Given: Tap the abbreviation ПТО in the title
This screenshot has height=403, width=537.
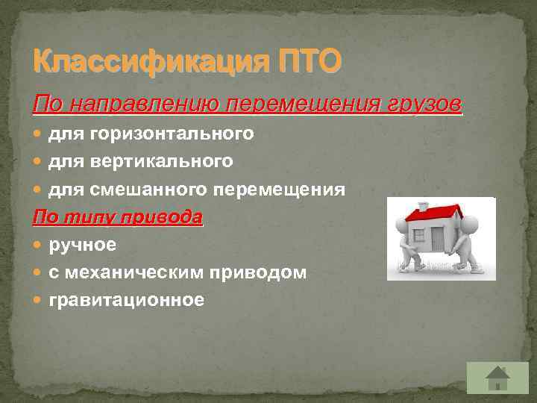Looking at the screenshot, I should [x=310, y=59].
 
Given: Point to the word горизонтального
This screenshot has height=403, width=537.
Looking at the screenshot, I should [x=172, y=134].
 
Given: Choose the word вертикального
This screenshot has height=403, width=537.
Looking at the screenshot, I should [x=161, y=161].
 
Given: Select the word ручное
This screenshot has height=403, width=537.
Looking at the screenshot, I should [x=83, y=244].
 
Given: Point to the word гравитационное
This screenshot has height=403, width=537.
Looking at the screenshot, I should [x=125, y=300].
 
